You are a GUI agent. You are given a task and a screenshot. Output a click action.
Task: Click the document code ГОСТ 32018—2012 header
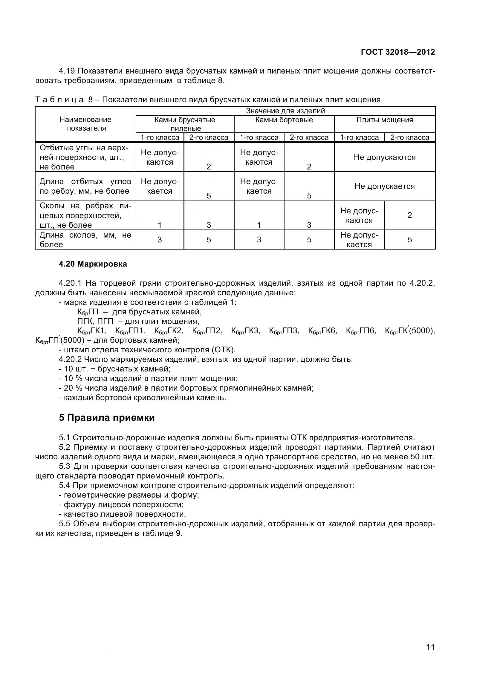[x=397, y=52]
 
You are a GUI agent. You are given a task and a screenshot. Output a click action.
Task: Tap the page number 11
[x=430, y=655]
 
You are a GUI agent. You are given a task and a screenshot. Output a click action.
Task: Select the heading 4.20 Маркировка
[x=93, y=264]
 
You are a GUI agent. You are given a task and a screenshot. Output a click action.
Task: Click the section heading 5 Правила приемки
[x=107, y=417]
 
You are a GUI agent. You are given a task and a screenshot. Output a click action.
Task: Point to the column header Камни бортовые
[x=284, y=120]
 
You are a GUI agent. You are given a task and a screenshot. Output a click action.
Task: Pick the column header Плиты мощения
[x=384, y=120]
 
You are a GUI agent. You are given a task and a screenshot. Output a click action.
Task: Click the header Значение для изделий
[x=285, y=111]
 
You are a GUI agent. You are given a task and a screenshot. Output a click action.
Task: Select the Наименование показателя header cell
[x=85, y=124]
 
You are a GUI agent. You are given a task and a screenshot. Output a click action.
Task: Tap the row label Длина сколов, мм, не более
[x=85, y=240]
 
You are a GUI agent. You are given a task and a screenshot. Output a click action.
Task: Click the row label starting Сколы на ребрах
[x=85, y=215]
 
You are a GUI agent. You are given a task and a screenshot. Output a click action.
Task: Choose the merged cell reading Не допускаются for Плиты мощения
[x=384, y=157]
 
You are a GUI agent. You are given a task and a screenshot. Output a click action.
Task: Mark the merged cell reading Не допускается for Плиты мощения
[x=384, y=186]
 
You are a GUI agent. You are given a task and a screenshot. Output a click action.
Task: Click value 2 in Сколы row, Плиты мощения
[x=409, y=215]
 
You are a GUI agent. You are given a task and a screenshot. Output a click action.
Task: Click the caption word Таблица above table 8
[x=59, y=100]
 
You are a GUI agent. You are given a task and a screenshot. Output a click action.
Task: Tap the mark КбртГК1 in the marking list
[x=91, y=331]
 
